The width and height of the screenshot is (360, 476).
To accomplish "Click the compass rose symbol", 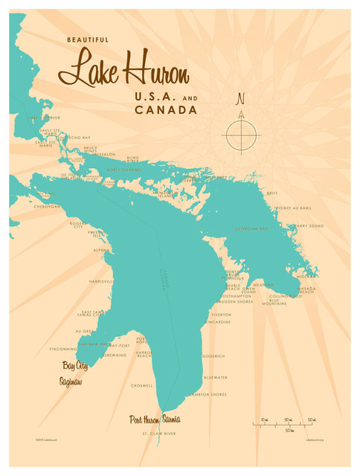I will (241, 135).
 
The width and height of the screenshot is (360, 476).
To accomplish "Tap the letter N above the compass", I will (240, 99).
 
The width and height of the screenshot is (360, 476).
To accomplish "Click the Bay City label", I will (75, 366).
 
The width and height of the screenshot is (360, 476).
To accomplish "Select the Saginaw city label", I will (72, 382).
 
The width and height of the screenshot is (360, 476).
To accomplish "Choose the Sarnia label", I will (170, 419).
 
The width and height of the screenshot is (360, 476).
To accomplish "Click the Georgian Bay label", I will (253, 228).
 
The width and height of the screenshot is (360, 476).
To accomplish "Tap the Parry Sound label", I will (309, 225).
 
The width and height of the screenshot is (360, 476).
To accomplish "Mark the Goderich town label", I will (213, 356).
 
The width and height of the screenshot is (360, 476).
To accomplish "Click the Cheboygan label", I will (46, 206).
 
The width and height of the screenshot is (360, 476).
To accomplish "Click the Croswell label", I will (141, 385).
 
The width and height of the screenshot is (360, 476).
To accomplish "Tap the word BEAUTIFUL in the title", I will (86, 39).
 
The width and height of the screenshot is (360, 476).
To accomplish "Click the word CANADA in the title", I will (166, 110).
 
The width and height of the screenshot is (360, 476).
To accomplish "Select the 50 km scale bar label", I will (289, 430).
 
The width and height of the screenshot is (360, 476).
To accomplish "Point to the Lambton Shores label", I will (208, 394).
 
